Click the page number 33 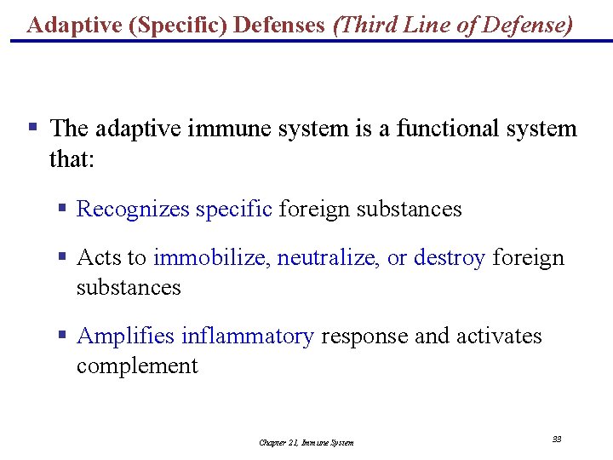[x=557, y=439]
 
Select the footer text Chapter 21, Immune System [x=306, y=442]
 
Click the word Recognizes [x=133, y=209]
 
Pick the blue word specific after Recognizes [x=234, y=209]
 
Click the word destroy [x=450, y=257]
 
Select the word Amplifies [x=125, y=336]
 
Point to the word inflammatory [x=248, y=336]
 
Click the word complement [x=137, y=366]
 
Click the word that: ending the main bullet [x=72, y=158]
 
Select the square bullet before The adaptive [x=32, y=128]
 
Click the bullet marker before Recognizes [x=62, y=208]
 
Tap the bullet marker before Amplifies [x=62, y=335]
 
